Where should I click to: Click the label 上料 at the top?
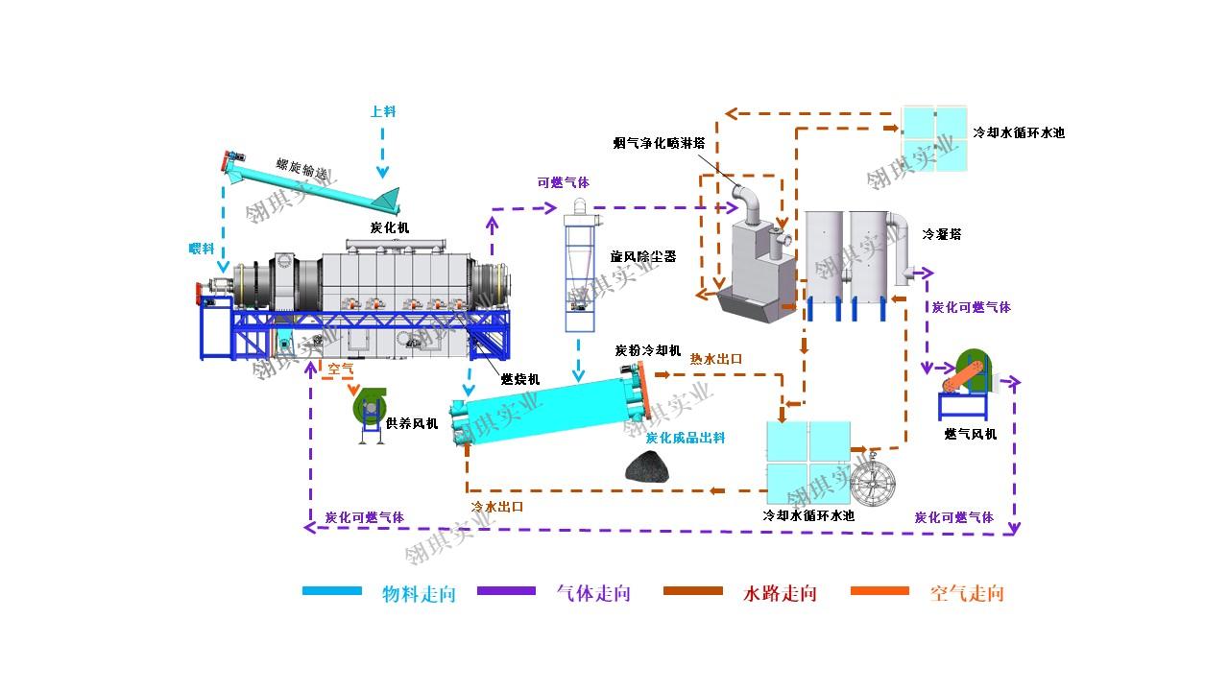(383, 111)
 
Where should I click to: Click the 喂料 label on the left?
(201, 249)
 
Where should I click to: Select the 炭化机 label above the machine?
(389, 227)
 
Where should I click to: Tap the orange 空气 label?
(340, 368)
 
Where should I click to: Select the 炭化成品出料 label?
(685, 438)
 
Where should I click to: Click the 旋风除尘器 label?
(643, 257)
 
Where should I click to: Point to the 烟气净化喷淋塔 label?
(660, 143)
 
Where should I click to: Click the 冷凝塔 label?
(942, 233)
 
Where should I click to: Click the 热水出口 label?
(716, 359)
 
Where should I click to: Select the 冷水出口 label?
(497, 506)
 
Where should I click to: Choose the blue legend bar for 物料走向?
(332, 591)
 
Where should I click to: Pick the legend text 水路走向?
(780, 593)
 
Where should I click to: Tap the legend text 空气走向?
(967, 593)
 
